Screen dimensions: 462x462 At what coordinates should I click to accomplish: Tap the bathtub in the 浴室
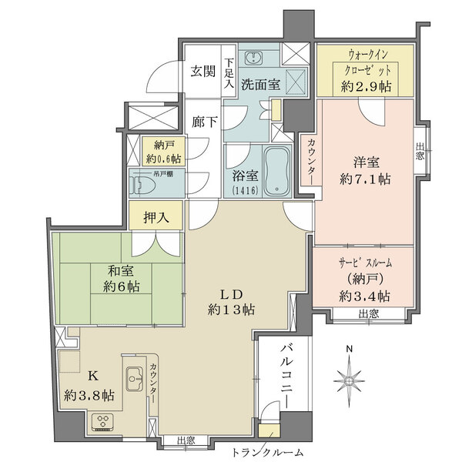pos(275,172)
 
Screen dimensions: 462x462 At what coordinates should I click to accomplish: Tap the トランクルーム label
pos(267,453)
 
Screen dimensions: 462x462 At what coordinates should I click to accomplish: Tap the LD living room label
pos(230,294)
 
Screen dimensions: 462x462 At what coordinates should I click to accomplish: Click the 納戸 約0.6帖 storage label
pos(162,152)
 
